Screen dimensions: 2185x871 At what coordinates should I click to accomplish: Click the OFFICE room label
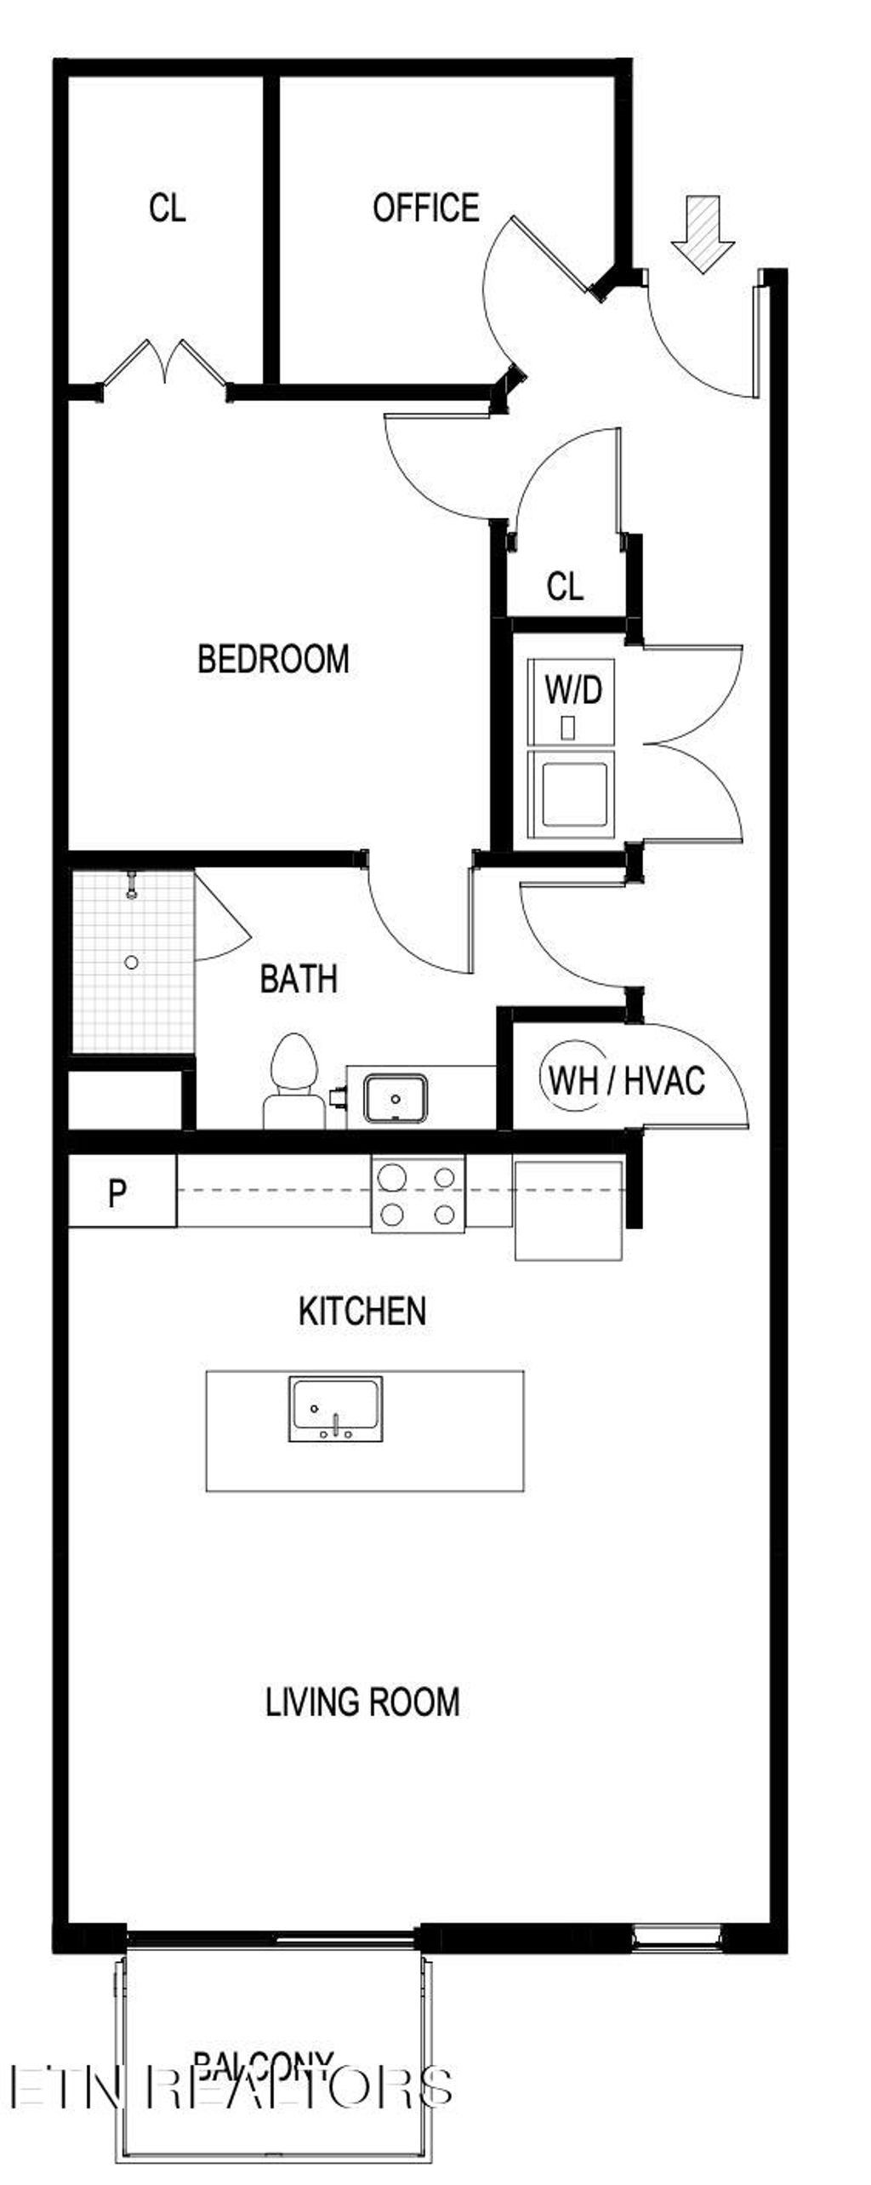click(425, 208)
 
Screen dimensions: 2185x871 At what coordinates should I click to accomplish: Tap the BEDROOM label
click(273, 659)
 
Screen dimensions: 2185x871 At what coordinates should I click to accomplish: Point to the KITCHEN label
click(362, 1311)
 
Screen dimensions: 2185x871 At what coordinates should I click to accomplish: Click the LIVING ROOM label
click(363, 1702)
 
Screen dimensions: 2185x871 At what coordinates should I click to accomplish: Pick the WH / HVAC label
click(627, 1081)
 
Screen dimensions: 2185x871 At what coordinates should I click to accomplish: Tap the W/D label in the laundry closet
click(573, 690)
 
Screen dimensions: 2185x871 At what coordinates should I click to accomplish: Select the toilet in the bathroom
click(293, 1081)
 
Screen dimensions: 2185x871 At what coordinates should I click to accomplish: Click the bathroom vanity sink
click(396, 1098)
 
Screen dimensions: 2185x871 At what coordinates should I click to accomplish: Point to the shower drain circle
click(131, 962)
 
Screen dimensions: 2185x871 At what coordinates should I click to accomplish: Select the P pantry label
click(117, 1193)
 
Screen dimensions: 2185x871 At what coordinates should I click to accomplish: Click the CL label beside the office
click(167, 208)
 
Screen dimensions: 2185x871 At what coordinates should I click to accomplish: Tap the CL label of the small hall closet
click(565, 586)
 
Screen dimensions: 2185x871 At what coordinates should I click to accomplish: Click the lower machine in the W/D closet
click(575, 793)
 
